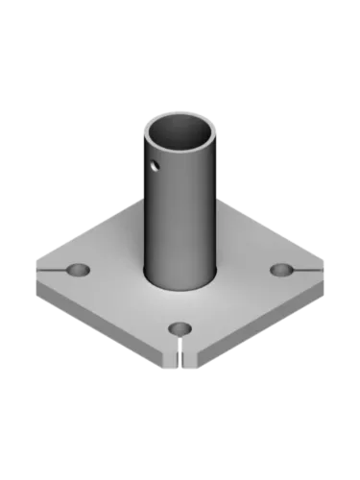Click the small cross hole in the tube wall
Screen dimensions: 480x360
point(154,167)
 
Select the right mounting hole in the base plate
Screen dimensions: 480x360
point(280,270)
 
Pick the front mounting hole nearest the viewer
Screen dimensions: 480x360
point(179,329)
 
